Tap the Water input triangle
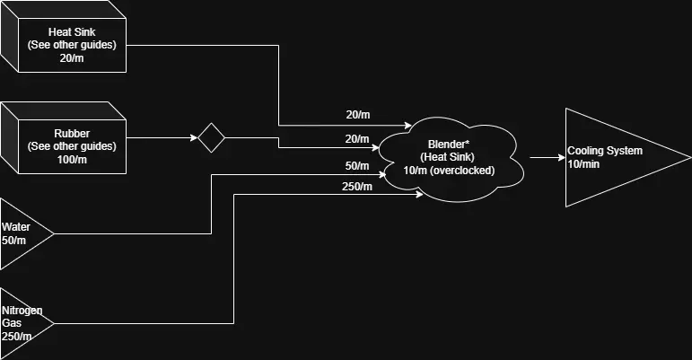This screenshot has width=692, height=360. tap(22, 233)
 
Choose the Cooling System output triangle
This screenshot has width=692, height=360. tap(610, 157)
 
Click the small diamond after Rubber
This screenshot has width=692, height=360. tap(211, 138)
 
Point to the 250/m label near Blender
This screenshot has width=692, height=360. tap(356, 187)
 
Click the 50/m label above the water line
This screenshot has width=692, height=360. tap(356, 166)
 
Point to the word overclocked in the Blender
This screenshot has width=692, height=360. tap(466, 170)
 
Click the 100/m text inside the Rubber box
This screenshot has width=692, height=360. tap(71, 159)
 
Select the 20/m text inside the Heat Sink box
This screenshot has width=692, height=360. tap(71, 58)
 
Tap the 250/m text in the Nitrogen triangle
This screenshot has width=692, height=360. tap(17, 336)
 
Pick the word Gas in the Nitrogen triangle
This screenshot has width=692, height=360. tap(12, 323)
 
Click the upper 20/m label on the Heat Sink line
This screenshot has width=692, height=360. tap(357, 115)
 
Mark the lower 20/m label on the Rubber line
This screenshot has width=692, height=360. tap(357, 139)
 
